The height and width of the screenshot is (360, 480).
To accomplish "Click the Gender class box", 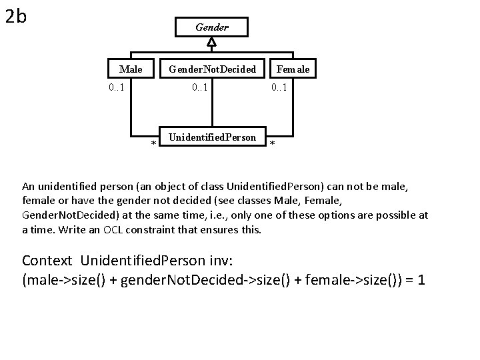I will [211, 27].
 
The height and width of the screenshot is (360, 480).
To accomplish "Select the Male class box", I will [131, 69].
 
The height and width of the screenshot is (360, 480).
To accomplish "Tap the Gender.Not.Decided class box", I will [212, 69].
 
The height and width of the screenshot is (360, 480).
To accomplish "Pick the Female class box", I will [293, 69].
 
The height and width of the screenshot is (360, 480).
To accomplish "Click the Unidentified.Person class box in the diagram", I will [212, 137].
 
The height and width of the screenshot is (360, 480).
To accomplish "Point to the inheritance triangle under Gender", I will [211, 42].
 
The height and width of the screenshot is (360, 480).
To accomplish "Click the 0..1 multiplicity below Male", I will [120, 87].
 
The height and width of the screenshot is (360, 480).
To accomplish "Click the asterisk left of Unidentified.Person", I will [153, 144].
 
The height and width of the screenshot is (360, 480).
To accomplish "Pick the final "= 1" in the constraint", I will [413, 279].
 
